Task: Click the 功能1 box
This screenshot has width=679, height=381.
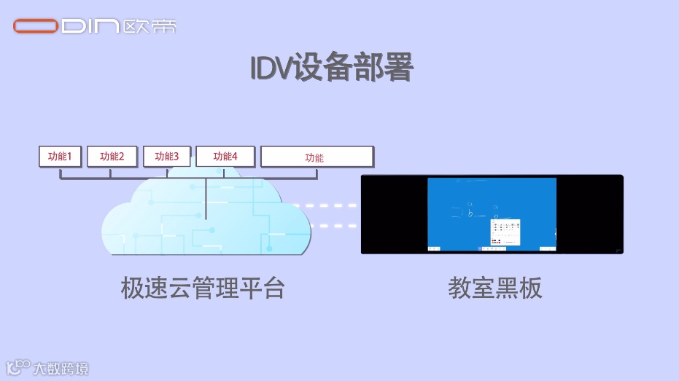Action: (x=60, y=157)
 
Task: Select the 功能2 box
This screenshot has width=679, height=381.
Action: (x=112, y=157)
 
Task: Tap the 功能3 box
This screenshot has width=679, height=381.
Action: (x=166, y=157)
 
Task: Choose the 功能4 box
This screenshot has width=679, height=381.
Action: (x=225, y=157)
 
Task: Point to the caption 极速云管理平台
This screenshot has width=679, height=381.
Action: (x=202, y=288)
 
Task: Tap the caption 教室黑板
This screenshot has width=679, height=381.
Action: (x=495, y=288)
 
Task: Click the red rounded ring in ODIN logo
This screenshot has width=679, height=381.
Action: (x=35, y=27)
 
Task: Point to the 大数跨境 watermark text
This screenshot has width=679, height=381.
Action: (x=61, y=369)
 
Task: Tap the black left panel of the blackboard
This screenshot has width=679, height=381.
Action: (x=394, y=214)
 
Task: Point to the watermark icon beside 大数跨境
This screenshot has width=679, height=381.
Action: (x=18, y=368)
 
